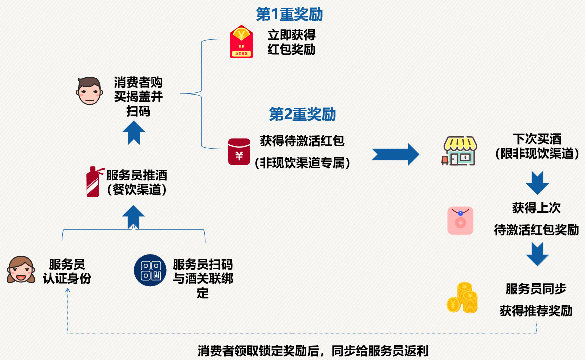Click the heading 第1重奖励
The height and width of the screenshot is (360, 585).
point(289,15)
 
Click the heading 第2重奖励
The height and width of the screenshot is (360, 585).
point(302,115)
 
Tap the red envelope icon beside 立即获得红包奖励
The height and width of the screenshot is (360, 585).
point(241,41)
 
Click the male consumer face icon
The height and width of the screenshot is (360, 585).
point(89,91)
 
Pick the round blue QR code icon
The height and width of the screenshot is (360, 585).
point(150,270)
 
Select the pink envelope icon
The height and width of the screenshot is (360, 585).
point(460,220)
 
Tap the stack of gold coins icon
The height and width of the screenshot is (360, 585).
point(462,298)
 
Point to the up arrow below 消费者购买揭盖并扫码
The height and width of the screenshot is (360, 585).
point(134,132)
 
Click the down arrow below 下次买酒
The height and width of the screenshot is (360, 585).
point(537,182)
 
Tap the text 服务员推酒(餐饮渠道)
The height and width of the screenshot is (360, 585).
point(136,182)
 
